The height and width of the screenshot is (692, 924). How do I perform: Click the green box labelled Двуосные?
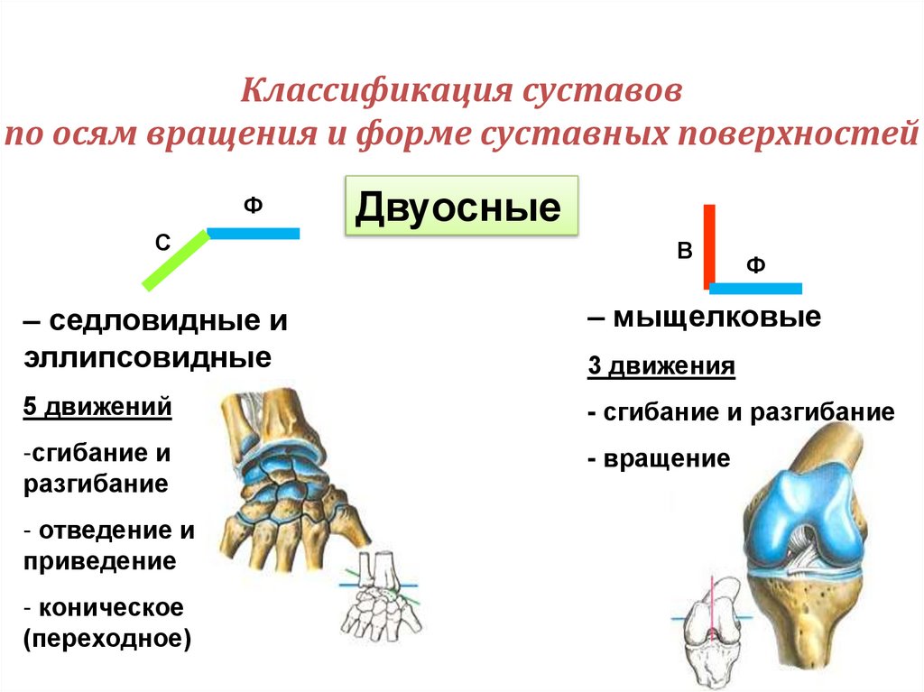coord(461,208)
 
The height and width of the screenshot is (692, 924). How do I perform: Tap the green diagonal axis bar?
coord(175,261)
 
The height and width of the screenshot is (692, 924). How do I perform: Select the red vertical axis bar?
coord(709,245)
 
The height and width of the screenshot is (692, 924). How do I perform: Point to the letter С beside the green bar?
coord(163,243)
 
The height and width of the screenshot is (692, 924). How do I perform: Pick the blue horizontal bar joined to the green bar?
coord(254,234)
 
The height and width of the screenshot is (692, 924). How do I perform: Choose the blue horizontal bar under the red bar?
coord(756,289)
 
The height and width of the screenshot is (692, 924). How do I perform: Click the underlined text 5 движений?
coord(97,408)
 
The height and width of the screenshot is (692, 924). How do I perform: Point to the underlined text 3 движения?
coord(661,367)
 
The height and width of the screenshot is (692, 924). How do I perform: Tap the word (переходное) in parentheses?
coord(108,640)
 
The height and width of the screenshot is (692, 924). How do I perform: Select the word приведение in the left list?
coord(100,561)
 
